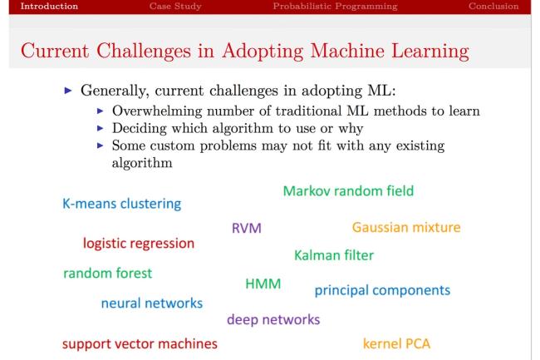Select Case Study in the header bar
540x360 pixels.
click(x=177, y=7)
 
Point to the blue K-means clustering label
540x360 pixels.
click(x=122, y=203)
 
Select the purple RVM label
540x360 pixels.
click(x=247, y=228)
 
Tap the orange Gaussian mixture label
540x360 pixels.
click(x=406, y=227)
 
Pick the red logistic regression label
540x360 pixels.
click(x=138, y=244)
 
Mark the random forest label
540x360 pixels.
click(x=108, y=273)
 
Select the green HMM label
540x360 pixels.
click(x=263, y=284)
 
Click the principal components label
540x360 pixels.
click(x=382, y=291)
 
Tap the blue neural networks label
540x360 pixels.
click(x=152, y=303)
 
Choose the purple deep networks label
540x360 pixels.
click(x=273, y=319)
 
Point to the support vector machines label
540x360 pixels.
click(x=140, y=343)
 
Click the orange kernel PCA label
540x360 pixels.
click(x=396, y=343)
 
